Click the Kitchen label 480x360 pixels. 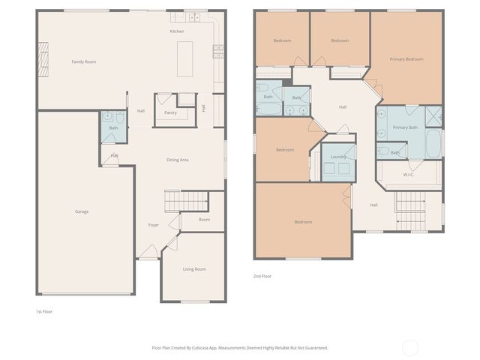[x=177, y=31]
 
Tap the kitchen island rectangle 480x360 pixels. [x=185, y=58]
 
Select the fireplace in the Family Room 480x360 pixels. [x=43, y=57]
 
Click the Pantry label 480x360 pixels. [x=170, y=112]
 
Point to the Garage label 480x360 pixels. [x=82, y=211]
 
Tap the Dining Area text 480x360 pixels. [x=177, y=160]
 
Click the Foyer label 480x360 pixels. [x=153, y=224]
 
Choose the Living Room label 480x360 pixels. [x=194, y=268]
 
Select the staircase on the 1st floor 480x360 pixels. [x=184, y=201]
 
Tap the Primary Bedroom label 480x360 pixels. [x=406, y=58]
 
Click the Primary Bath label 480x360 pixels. [x=405, y=127]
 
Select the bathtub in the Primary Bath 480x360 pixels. [x=435, y=144]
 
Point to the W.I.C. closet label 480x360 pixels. [x=409, y=175]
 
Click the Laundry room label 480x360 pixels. [x=338, y=156]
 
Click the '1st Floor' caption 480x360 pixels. [x=44, y=310]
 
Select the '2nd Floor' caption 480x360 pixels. [x=262, y=276]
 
